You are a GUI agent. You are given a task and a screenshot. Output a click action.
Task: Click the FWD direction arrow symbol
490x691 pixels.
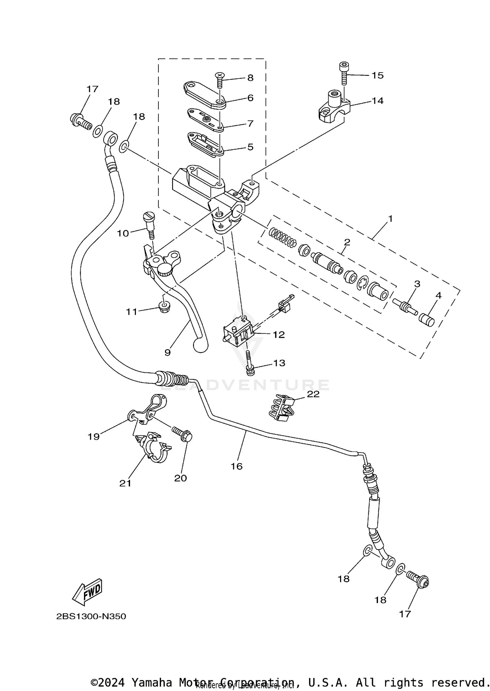pyautogui.click(x=88, y=593)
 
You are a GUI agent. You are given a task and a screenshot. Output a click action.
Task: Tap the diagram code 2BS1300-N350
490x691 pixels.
pyautogui.click(x=91, y=617)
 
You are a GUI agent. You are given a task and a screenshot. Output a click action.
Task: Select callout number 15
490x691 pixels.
pyautogui.click(x=377, y=75)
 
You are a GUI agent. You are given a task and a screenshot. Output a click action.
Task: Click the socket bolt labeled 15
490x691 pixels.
pyautogui.click(x=343, y=73)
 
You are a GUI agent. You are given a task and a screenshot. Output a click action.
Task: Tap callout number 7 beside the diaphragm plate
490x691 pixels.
pyautogui.click(x=250, y=124)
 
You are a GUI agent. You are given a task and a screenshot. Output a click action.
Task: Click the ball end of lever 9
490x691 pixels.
pyautogui.click(x=201, y=346)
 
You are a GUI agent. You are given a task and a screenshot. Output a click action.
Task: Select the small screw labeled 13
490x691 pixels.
pyautogui.click(x=249, y=364)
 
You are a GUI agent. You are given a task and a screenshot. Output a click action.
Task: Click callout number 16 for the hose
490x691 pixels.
pyautogui.click(x=237, y=466)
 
